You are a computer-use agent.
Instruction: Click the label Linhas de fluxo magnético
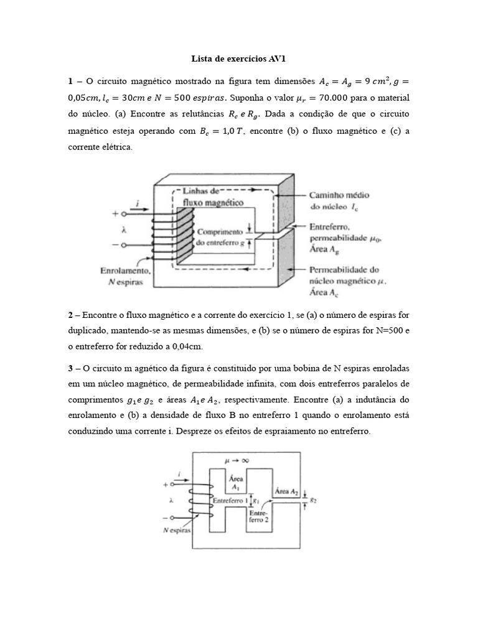205,196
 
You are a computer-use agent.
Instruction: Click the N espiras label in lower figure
177,530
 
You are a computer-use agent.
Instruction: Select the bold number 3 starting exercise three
72,368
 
